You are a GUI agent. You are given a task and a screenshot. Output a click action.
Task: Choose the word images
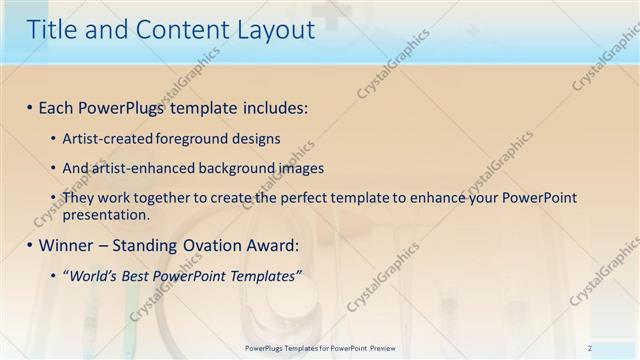coord(294,168)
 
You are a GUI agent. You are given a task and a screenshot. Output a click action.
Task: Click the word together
coord(154,199)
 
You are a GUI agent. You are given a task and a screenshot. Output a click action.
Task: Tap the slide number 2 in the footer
coord(590,348)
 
